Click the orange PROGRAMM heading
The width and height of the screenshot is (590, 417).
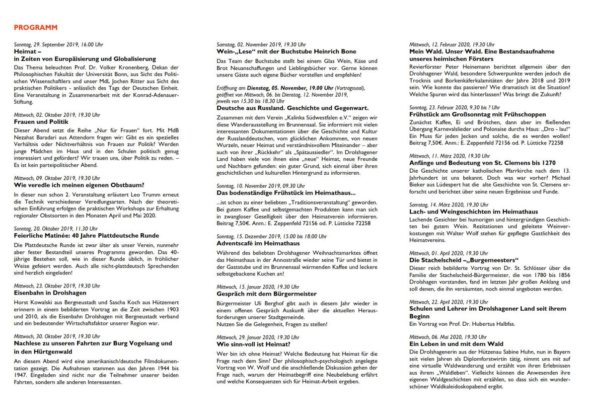click(36, 27)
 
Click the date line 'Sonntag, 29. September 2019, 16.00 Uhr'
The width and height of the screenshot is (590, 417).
click(58, 44)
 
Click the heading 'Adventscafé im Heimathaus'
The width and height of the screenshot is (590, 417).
click(256, 243)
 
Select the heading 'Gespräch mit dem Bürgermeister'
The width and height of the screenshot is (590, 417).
click(266, 294)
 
